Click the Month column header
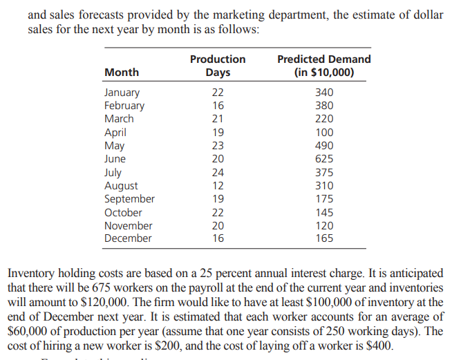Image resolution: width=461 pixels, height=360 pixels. (x=122, y=73)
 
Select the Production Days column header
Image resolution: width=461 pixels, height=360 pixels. (x=218, y=66)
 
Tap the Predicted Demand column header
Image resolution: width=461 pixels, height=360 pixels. (x=323, y=66)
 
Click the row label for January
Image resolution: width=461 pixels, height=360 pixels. (x=122, y=93)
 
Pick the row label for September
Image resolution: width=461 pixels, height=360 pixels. (x=129, y=199)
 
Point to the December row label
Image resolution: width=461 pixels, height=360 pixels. (x=128, y=238)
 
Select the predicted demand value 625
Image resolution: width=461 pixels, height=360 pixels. (x=323, y=159)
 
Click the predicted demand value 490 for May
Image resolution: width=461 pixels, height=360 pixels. (x=323, y=146)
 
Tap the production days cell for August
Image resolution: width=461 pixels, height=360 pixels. (x=217, y=186)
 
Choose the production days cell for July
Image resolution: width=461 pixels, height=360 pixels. (x=217, y=173)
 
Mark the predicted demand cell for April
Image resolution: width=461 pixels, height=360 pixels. (x=323, y=133)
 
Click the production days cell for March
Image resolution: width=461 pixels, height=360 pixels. (x=217, y=119)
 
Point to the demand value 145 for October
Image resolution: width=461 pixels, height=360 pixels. (x=323, y=213)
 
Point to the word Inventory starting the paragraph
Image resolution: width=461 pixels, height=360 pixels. (x=32, y=273)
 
